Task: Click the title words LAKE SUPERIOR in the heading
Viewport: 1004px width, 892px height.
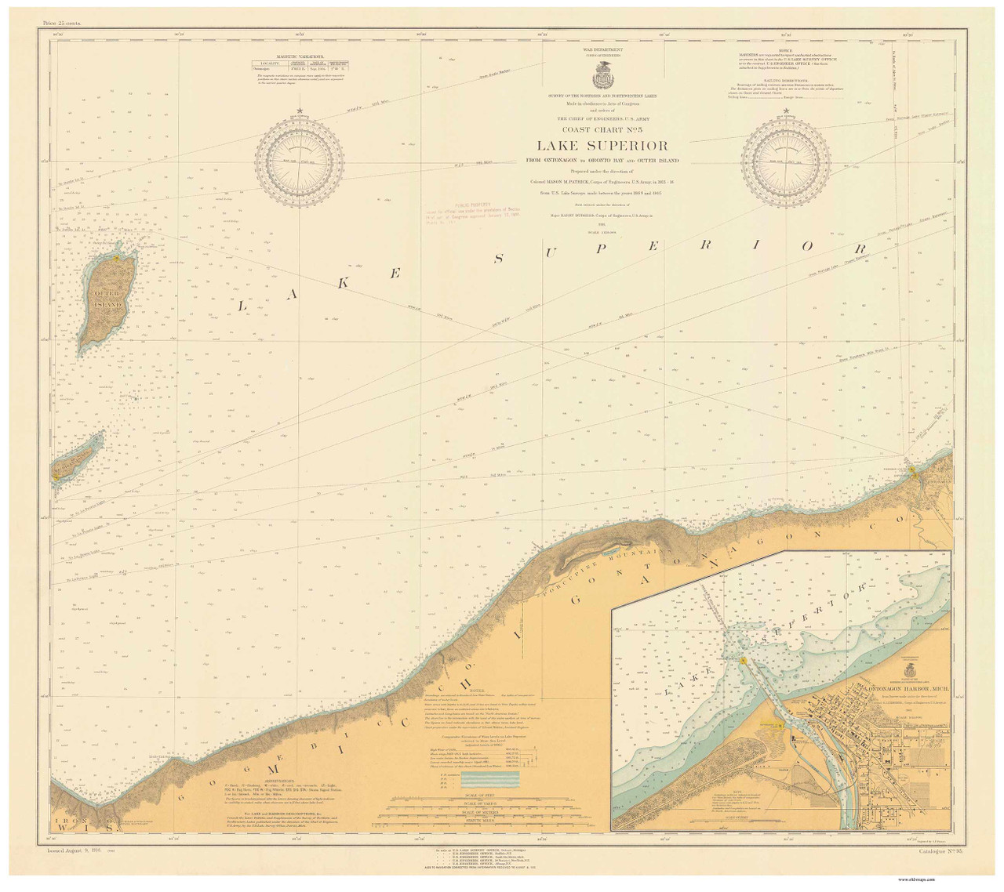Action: pos(602,146)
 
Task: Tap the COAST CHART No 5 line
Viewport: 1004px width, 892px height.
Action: pos(602,130)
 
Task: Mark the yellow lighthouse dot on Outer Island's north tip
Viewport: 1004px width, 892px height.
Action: pos(116,255)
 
